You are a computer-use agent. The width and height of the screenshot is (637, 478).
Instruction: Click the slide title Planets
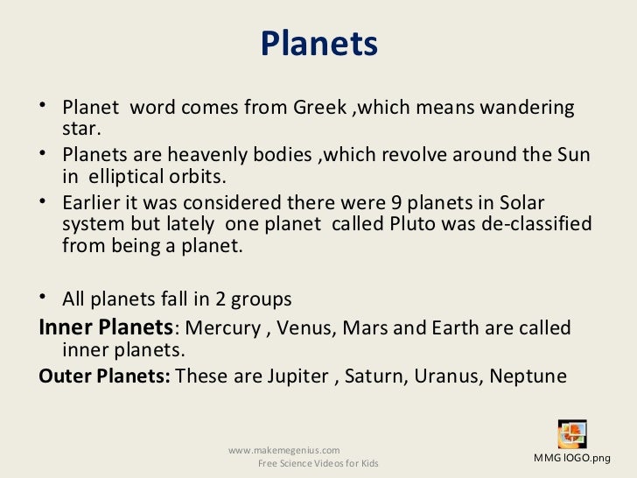(318, 43)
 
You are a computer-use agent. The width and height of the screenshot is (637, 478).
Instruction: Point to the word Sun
(573, 156)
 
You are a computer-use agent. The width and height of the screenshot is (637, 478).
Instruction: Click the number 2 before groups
(221, 299)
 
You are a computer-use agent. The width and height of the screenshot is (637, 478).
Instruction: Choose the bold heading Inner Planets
(106, 328)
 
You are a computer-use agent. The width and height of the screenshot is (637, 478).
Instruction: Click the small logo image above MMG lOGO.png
(572, 435)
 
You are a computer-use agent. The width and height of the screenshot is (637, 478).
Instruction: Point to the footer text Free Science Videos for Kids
(318, 463)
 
